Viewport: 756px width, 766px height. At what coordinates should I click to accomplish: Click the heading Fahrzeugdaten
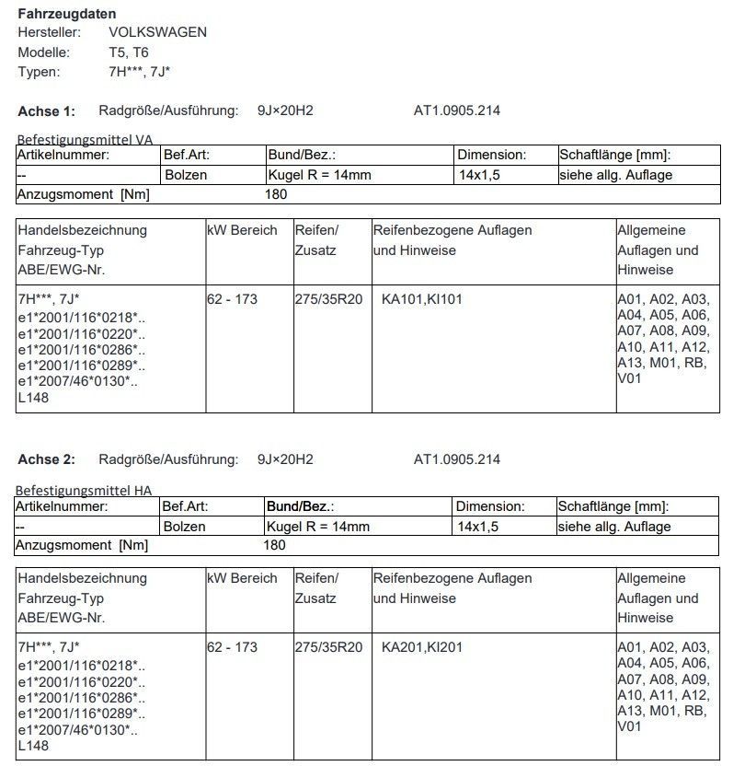(67, 14)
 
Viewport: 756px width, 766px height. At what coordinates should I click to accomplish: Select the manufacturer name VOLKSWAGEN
(157, 32)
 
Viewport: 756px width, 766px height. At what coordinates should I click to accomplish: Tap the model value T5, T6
(130, 52)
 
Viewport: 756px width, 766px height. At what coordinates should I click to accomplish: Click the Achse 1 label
(46, 111)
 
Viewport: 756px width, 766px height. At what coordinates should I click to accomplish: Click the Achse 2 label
(46, 459)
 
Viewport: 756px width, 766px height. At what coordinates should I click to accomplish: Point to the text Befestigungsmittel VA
(85, 139)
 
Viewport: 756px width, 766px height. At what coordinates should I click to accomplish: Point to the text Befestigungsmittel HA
(84, 490)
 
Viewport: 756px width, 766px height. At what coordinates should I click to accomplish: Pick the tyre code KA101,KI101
(421, 299)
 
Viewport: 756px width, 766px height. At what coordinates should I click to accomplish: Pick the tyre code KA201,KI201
(421, 647)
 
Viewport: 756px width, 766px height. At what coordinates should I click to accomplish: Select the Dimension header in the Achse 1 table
(492, 155)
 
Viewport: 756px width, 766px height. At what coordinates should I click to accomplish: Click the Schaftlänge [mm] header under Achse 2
(613, 506)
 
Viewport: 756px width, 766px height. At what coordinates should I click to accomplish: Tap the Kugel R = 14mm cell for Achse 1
(319, 175)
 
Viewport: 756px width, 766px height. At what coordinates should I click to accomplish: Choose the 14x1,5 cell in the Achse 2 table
(478, 527)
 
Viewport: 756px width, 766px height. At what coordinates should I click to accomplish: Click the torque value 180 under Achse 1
(276, 194)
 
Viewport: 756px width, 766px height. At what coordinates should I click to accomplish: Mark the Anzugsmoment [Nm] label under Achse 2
(83, 545)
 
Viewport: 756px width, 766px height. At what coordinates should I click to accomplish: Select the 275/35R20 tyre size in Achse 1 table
(328, 299)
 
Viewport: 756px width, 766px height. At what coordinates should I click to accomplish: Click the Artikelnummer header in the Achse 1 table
(63, 155)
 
